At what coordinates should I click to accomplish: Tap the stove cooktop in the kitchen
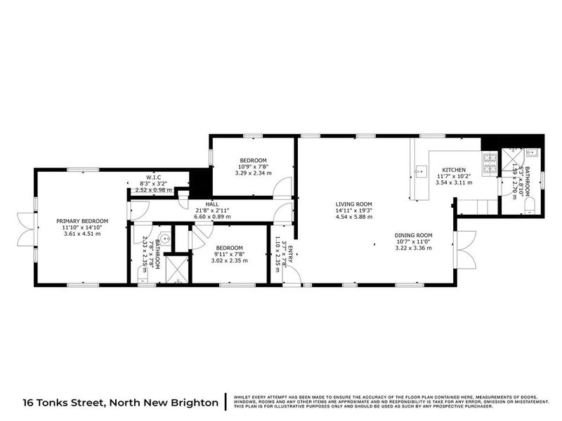489,164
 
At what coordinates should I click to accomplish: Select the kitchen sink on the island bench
421,170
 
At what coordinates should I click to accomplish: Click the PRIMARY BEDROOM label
79,220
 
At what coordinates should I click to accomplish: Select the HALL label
211,204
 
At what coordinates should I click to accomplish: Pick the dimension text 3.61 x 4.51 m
79,234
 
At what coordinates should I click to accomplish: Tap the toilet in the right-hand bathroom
530,205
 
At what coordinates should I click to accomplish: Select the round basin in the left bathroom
163,237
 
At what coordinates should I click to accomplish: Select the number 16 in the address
29,401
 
